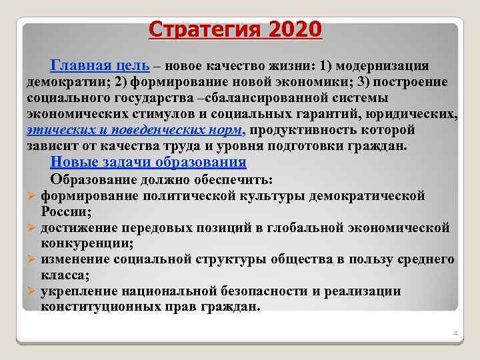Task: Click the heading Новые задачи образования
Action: coord(148,162)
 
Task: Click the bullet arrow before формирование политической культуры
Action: coord(31,197)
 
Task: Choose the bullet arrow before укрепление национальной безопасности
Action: coord(31,291)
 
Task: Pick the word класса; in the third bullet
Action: coord(65,275)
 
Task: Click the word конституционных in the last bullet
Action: coord(95,307)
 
